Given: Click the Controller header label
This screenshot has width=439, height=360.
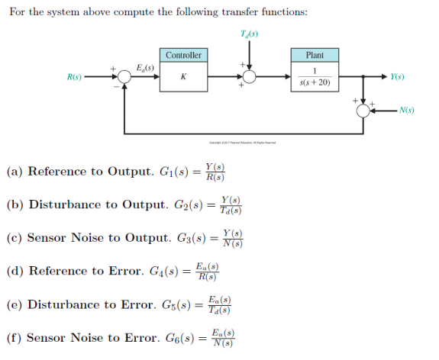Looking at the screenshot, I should [183, 55].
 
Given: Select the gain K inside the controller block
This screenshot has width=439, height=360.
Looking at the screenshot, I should [183, 77].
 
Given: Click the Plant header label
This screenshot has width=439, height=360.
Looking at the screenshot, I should [315, 55].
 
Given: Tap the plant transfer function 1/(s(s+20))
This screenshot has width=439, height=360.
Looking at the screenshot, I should [315, 77].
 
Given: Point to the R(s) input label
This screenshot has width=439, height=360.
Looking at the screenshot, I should [75, 77].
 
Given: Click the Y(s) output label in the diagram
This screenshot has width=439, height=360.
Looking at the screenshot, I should [397, 77].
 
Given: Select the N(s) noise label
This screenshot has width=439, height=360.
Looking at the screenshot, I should [407, 111].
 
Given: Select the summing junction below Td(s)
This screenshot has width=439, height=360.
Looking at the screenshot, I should [249, 77].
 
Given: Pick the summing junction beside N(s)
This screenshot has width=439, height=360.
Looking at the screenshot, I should [364, 111].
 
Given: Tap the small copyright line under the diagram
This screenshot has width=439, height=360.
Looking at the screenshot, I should [243, 143].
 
